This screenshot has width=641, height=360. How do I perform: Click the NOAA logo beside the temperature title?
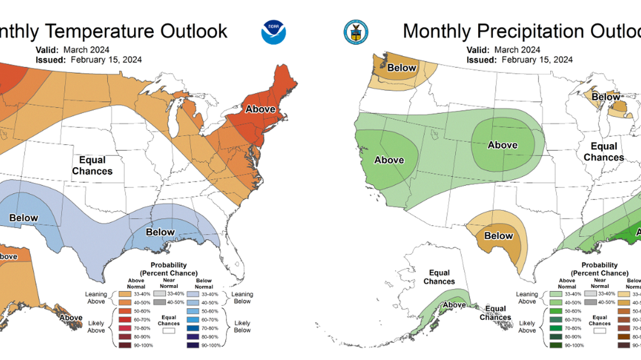point(273,32)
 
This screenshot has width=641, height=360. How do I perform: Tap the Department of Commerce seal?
point(354,32)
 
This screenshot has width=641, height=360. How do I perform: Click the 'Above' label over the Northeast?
point(260,109)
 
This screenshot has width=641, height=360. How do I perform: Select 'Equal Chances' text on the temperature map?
point(92,166)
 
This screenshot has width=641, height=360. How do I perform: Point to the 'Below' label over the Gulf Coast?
point(160,232)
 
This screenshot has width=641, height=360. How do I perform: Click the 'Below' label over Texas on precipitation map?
point(498,236)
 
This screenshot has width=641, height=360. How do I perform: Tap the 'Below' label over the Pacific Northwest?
point(402,68)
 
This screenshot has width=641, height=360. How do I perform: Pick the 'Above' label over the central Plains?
point(503,145)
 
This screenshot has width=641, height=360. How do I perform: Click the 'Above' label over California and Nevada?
point(389,160)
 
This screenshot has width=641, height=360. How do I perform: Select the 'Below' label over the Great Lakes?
point(606,97)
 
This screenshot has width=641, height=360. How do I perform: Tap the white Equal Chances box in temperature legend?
point(169,331)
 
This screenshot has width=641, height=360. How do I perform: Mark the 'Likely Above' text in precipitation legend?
point(527,327)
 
